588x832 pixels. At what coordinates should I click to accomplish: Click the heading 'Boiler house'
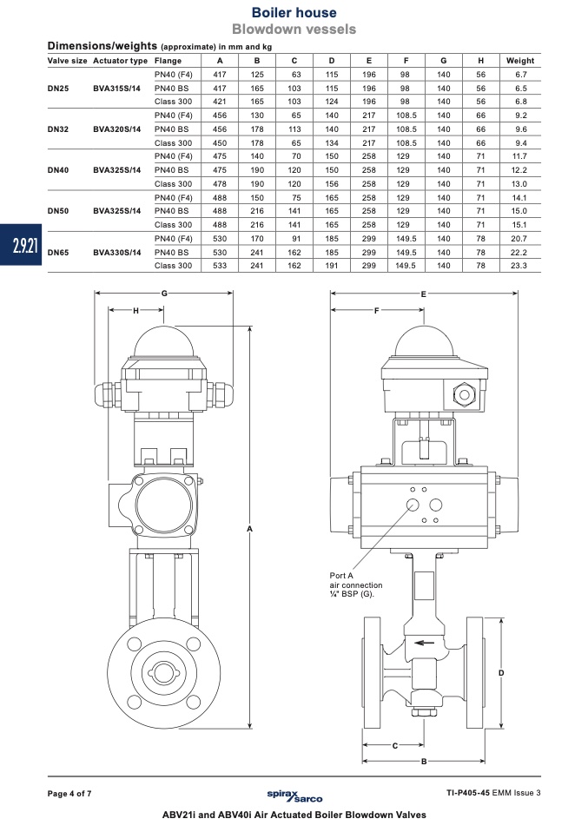coord(294,12)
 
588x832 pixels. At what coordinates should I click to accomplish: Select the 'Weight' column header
coord(520,61)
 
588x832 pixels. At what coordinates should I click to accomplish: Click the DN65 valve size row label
coord(58,252)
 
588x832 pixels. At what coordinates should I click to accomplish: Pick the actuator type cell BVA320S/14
coord(116,129)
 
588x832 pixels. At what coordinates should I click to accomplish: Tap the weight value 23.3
coord(519,266)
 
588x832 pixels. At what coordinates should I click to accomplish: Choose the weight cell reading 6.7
coord(520,75)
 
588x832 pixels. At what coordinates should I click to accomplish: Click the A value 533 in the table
coord(220,266)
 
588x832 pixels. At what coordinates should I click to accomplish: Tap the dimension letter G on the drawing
coord(164,293)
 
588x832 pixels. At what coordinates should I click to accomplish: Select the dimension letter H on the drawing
coord(135,311)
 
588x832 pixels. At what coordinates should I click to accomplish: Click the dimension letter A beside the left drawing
coord(249,528)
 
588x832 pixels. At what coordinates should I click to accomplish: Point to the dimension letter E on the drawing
coord(424,294)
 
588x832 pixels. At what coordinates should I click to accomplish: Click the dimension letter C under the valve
coord(395,745)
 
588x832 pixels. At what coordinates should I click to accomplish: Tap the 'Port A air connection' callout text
coord(355,584)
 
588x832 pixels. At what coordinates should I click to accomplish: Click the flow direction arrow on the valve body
coord(425,644)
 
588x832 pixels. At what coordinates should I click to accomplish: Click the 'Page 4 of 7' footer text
coord(69,794)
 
